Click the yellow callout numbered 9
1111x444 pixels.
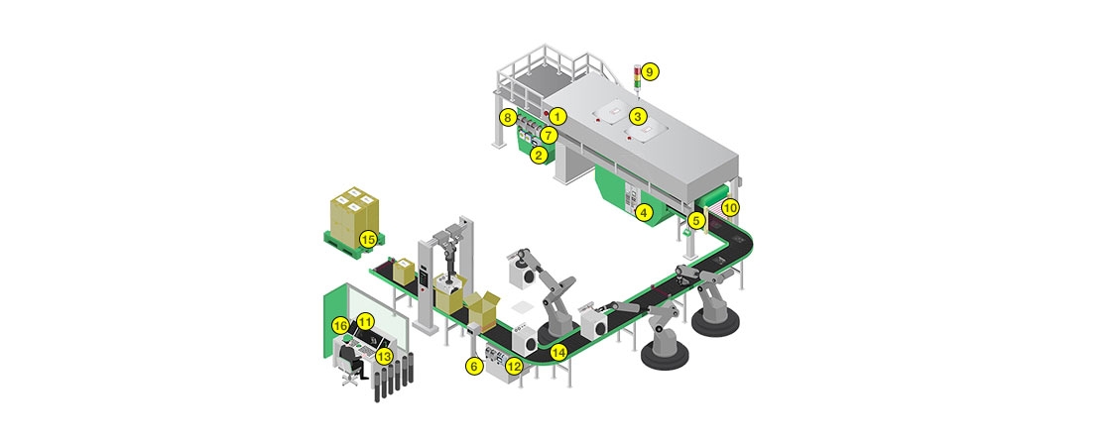pos(650,71)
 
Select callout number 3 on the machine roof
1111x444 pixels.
pos(639,116)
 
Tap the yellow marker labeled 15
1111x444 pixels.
pos(367,238)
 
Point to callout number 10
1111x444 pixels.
pos(730,208)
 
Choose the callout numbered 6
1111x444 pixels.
pos(473,366)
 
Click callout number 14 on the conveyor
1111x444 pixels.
pos(559,350)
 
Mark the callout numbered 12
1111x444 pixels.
pos(513,366)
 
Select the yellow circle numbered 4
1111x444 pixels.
pos(644,211)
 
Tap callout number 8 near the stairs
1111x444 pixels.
pos(508,117)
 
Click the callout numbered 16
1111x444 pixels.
pos(340,325)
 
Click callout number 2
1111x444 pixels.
pos(538,155)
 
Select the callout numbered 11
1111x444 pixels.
pos(366,321)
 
